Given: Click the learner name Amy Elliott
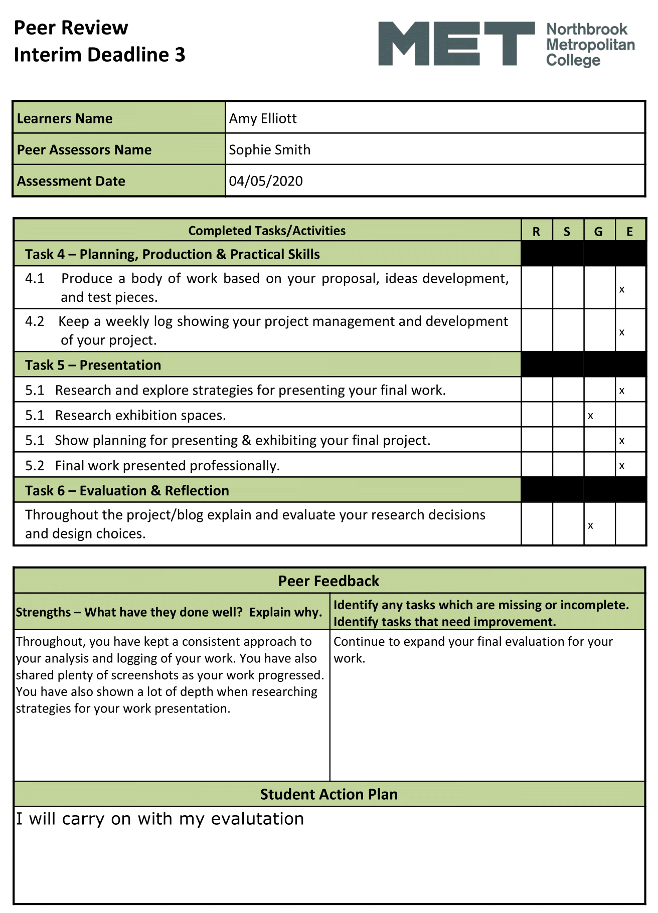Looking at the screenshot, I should tap(263, 118).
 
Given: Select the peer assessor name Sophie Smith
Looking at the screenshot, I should tap(269, 150).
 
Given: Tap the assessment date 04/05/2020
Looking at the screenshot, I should tap(266, 181).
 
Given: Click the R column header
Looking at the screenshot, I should tap(536, 231).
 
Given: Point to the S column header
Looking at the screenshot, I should tap(567, 231).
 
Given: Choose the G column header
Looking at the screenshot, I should tap(598, 231).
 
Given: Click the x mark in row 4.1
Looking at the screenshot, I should tap(622, 289).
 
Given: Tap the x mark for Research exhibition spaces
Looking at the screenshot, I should tap(591, 416).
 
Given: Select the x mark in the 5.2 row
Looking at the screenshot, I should tap(622, 466).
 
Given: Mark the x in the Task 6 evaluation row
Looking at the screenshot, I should tap(591, 525).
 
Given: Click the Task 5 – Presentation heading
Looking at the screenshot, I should tap(93, 365).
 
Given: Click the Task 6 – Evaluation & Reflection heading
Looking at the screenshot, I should tap(127, 490).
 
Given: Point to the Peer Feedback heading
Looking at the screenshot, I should tap(328, 581).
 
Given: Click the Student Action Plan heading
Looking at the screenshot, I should tap(328, 794).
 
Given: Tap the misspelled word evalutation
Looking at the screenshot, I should tap(257, 819).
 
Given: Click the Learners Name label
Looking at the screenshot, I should tap(65, 118).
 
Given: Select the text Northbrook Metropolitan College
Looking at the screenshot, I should tap(590, 45).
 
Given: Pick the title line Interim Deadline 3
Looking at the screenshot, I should tap(99, 55).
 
